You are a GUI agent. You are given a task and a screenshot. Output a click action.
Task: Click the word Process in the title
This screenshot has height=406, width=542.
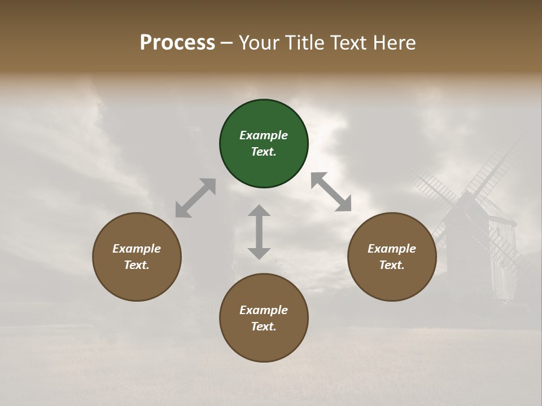coord(177,43)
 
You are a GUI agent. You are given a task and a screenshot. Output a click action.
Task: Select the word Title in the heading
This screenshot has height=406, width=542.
coord(304,43)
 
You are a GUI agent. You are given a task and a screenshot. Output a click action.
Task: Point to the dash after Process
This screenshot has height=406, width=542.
coord(227,44)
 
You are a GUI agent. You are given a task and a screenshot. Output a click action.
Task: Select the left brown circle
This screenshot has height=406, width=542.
coord(137,282)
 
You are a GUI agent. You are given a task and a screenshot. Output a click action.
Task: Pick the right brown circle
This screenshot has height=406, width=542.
coord(392,282)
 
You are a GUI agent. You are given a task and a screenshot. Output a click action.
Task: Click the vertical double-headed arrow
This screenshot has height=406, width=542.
coord(259,232)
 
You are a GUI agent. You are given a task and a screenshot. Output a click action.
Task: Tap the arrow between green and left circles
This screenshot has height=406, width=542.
coord(195,198)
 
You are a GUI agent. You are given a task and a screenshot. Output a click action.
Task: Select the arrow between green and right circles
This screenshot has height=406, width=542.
coord(331,192)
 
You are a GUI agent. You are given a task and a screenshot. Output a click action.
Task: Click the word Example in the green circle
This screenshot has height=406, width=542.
coord(264,135)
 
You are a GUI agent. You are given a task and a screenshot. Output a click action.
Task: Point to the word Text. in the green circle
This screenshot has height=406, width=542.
coord(264,152)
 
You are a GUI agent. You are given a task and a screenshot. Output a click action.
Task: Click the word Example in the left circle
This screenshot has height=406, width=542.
coord(137,249)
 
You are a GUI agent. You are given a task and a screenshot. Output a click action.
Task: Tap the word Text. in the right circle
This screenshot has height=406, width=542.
coord(392,265)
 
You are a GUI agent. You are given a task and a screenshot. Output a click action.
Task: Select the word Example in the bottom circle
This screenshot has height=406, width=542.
coord(264,310)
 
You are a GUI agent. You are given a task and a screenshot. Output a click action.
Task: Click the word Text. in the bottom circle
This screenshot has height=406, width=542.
coord(264,326)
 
